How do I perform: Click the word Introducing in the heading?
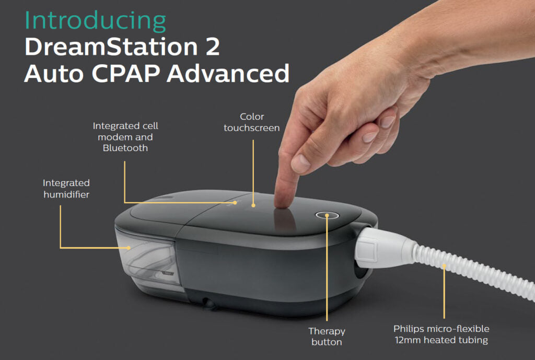pos(95,21)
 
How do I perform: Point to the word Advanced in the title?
pos(228,74)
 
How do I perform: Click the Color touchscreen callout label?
pos(252,122)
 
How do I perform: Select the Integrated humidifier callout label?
pos(66,188)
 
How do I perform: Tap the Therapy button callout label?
pos(327,336)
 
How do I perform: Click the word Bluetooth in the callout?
pos(125,148)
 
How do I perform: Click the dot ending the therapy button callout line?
pos(327,215)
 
